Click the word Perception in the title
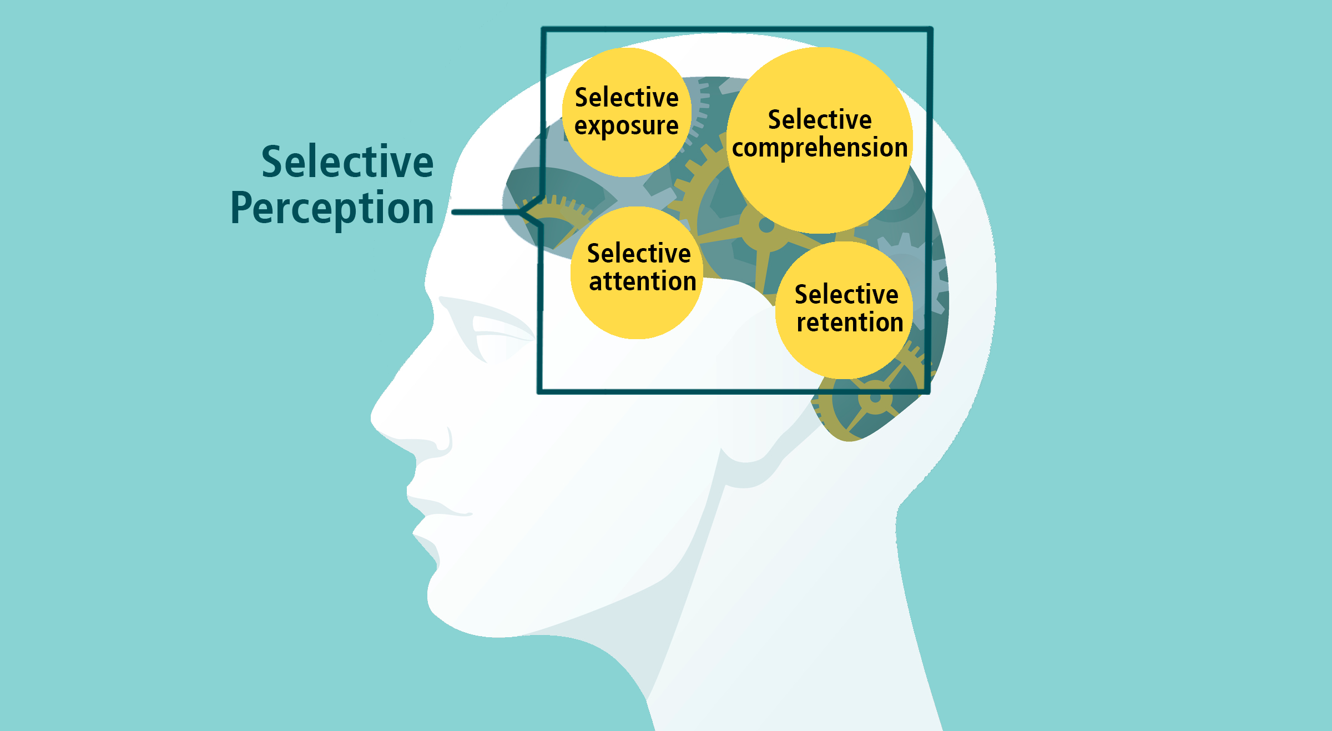[x=332, y=209]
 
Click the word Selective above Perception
[x=347, y=162]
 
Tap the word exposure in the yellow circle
[x=626, y=127]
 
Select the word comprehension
[x=820, y=148]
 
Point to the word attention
[x=642, y=282]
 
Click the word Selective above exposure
[x=627, y=98]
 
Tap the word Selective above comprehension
[x=820, y=120]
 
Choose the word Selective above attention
[x=639, y=254]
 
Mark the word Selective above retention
[x=846, y=295]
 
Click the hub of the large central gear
[x=766, y=225]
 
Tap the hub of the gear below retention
[x=875, y=398]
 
